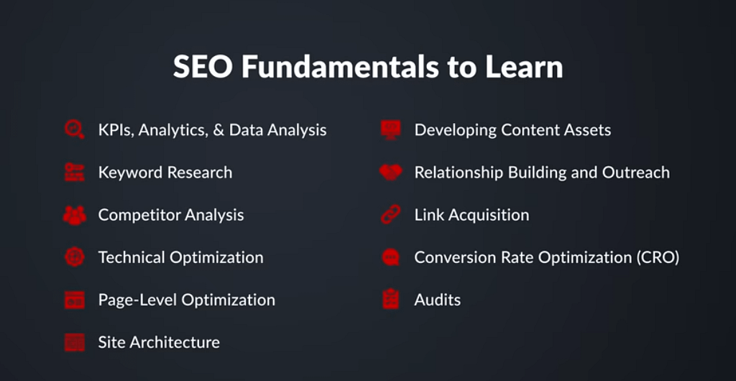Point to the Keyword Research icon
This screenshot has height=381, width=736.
point(75,173)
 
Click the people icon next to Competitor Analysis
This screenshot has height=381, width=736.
point(75,215)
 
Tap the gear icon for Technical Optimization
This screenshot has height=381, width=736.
point(75,257)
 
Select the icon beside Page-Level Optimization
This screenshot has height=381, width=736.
point(75,300)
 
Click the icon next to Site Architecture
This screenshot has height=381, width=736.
point(75,342)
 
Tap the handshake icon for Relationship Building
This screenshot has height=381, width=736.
point(390,173)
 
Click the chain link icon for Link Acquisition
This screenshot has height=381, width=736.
point(390,215)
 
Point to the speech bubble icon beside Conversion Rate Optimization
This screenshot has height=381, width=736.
point(390,257)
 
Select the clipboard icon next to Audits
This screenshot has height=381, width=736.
point(390,299)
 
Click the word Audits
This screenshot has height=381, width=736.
point(438,300)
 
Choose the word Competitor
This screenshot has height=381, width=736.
point(139,216)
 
